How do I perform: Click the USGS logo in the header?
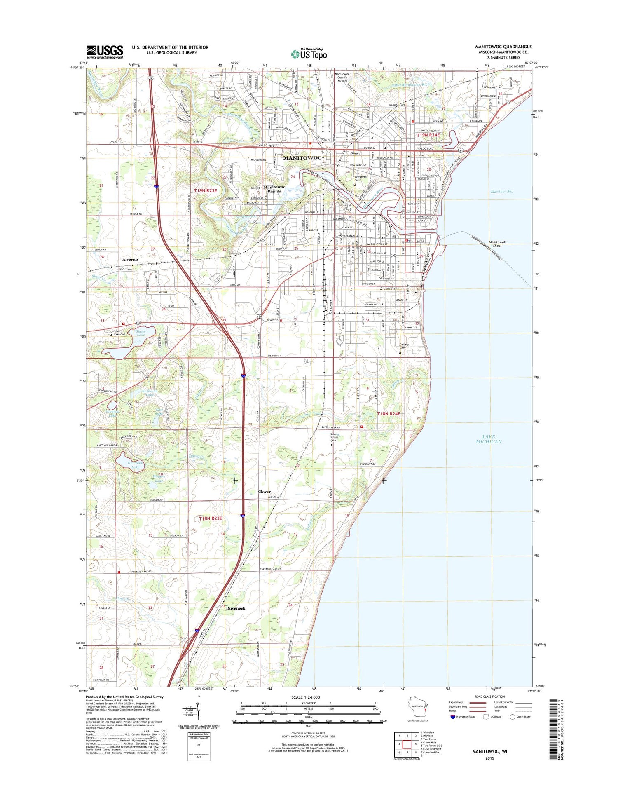pyautogui.click(x=105, y=52)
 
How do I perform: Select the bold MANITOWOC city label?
pyautogui.click(x=302, y=158)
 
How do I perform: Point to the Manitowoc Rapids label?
pyautogui.click(x=274, y=189)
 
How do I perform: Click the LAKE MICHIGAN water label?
pyautogui.click(x=489, y=439)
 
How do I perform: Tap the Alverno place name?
pyautogui.click(x=130, y=260)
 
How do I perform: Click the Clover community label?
pyautogui.click(x=265, y=492)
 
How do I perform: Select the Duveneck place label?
pyautogui.click(x=236, y=608)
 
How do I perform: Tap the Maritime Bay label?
pyautogui.click(x=502, y=192)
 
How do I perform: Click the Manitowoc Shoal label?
pyautogui.click(x=497, y=244)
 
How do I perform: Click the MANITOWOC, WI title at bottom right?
pyautogui.click(x=489, y=751)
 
